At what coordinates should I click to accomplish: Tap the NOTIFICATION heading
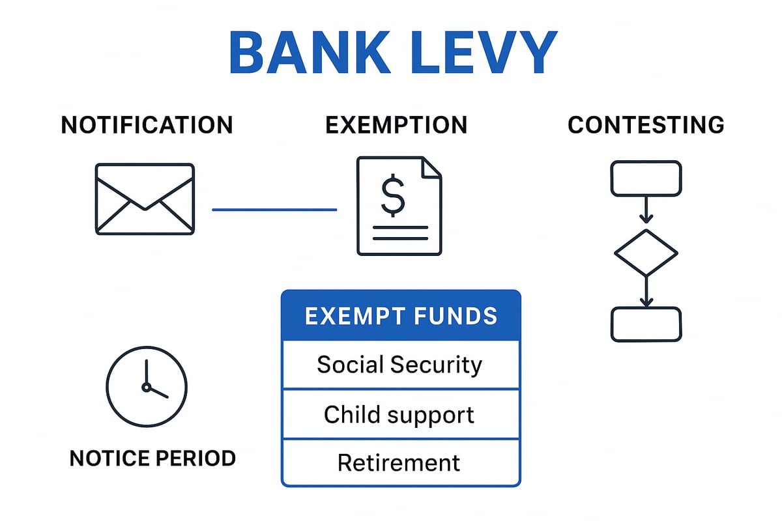[x=147, y=125]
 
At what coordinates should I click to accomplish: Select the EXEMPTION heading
[x=396, y=125]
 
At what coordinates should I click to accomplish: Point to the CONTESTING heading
[x=646, y=125]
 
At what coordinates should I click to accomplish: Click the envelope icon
[x=145, y=199]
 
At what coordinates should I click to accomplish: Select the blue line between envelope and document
[x=274, y=210]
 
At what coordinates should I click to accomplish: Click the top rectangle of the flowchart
[x=646, y=178]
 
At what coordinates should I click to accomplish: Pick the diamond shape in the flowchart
[x=646, y=253]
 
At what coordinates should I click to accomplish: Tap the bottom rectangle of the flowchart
[x=646, y=324]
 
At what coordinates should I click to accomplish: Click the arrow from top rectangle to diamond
[x=646, y=210]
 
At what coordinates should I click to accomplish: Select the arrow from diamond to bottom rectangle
[x=646, y=292]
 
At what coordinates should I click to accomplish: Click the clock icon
[x=147, y=386]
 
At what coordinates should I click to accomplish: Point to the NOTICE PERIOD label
[x=152, y=458]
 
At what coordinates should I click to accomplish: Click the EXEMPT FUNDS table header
[x=401, y=316]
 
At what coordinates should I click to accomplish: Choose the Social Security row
[x=401, y=365]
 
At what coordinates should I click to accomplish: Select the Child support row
[x=401, y=414]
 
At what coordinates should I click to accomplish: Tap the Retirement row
[x=401, y=462]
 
